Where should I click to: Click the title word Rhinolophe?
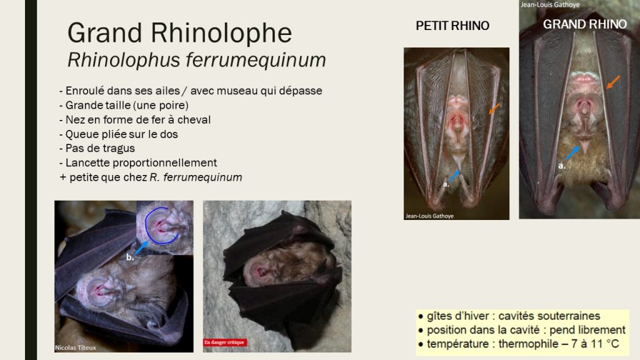coord(221,32)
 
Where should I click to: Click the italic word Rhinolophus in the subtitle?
coord(124,60)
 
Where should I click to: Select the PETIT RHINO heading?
coord(452,26)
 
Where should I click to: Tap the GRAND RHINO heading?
coord(584,24)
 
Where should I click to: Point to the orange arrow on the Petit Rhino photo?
coord(494,109)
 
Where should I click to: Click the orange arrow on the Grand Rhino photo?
coord(613,82)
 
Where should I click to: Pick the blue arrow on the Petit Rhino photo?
coord(454,176)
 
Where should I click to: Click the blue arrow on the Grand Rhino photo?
coord(572,152)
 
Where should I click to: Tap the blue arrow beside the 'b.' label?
coord(142,247)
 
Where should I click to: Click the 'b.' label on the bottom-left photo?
coord(130,257)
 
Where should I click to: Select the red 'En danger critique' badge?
coord(224,342)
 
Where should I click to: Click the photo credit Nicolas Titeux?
coord(76,347)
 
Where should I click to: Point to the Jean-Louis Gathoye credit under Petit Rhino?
coord(429,216)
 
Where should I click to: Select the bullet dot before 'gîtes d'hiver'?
coord(421,316)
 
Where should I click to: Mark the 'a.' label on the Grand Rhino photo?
coord(562,166)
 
